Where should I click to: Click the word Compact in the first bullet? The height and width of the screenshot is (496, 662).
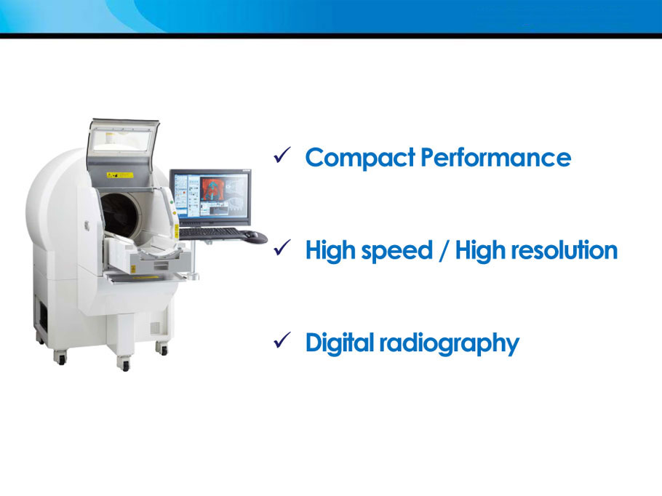point(360,158)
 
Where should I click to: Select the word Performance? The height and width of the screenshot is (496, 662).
point(496,157)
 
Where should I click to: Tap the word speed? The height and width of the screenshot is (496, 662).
point(397,251)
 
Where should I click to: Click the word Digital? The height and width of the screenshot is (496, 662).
point(340,343)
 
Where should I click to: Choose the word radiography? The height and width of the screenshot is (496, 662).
point(450,343)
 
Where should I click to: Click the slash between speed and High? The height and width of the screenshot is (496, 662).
point(444,250)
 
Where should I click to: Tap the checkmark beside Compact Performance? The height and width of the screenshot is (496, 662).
point(282,155)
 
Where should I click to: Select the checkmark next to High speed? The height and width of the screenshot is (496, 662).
point(282,247)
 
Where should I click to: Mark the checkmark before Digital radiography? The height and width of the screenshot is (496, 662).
point(282,340)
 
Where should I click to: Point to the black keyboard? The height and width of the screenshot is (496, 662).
point(210,233)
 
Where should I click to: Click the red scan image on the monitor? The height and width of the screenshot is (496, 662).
point(212,188)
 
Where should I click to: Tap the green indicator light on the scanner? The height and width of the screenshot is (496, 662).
point(172,203)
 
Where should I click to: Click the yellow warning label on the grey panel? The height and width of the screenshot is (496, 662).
point(119,175)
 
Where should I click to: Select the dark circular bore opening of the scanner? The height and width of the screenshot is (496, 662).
point(120,215)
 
